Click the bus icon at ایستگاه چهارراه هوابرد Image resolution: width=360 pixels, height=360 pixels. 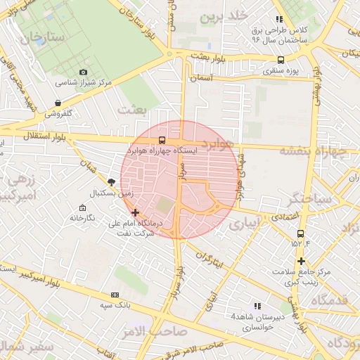162,140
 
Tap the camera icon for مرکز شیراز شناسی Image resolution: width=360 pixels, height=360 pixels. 84,72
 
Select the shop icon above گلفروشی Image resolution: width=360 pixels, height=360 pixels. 58,103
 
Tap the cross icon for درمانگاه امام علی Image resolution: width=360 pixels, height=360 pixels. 135,212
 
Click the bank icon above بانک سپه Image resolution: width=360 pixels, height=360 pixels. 115,295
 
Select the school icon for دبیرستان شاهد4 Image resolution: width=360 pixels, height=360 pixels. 258,306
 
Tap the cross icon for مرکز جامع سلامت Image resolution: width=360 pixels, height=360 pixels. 301,261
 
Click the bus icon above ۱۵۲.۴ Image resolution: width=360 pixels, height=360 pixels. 301,233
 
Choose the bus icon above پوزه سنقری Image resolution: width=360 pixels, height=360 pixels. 281,60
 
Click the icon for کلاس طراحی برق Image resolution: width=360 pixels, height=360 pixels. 280,20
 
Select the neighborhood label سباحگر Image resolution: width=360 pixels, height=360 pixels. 314,200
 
